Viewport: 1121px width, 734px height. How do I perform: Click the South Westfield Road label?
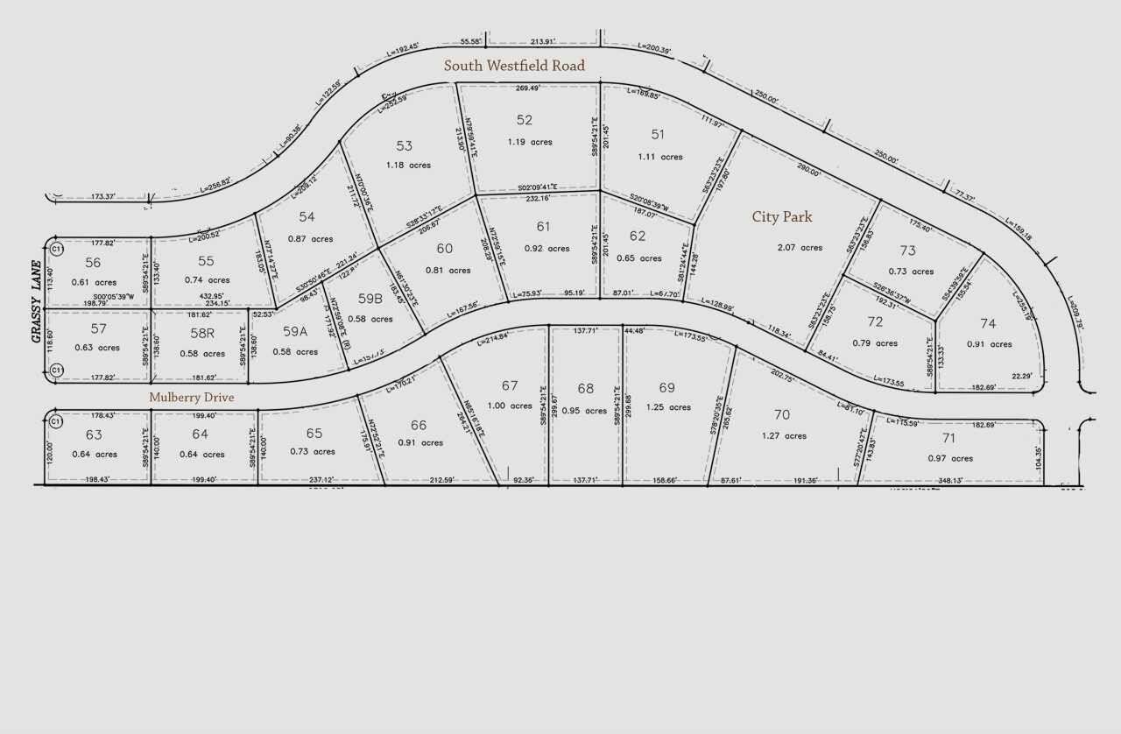(x=514, y=66)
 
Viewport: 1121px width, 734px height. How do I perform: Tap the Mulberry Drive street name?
(x=191, y=397)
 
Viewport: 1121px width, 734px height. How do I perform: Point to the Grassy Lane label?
(x=37, y=300)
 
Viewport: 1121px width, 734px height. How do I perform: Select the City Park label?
(x=782, y=217)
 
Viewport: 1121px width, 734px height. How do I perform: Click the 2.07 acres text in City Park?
(x=800, y=248)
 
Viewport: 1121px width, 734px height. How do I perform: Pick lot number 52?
(x=525, y=120)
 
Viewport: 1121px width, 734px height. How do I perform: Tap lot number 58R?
(x=202, y=333)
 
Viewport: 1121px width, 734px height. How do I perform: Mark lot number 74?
(x=988, y=323)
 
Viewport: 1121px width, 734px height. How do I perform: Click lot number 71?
(x=948, y=438)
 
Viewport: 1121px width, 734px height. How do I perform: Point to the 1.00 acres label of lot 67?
(x=510, y=406)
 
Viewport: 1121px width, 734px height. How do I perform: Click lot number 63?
(x=94, y=434)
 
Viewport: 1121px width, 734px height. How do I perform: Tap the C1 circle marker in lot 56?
(x=56, y=250)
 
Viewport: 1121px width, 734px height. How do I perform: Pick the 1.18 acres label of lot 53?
(x=408, y=166)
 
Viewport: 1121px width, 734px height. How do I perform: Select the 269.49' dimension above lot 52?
(x=527, y=88)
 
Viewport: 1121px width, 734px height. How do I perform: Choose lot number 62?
(x=638, y=236)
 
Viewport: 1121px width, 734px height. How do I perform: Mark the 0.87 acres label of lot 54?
(x=310, y=239)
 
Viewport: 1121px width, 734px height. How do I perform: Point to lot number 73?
(x=907, y=251)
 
